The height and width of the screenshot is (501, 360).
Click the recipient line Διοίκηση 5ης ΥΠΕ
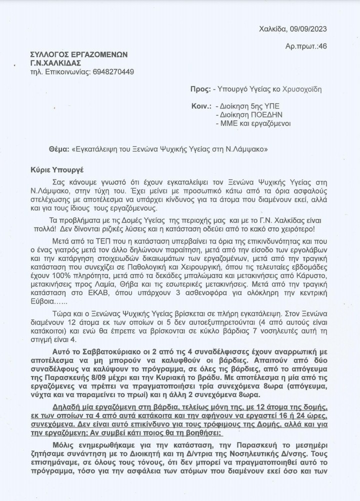click(x=244, y=106)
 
